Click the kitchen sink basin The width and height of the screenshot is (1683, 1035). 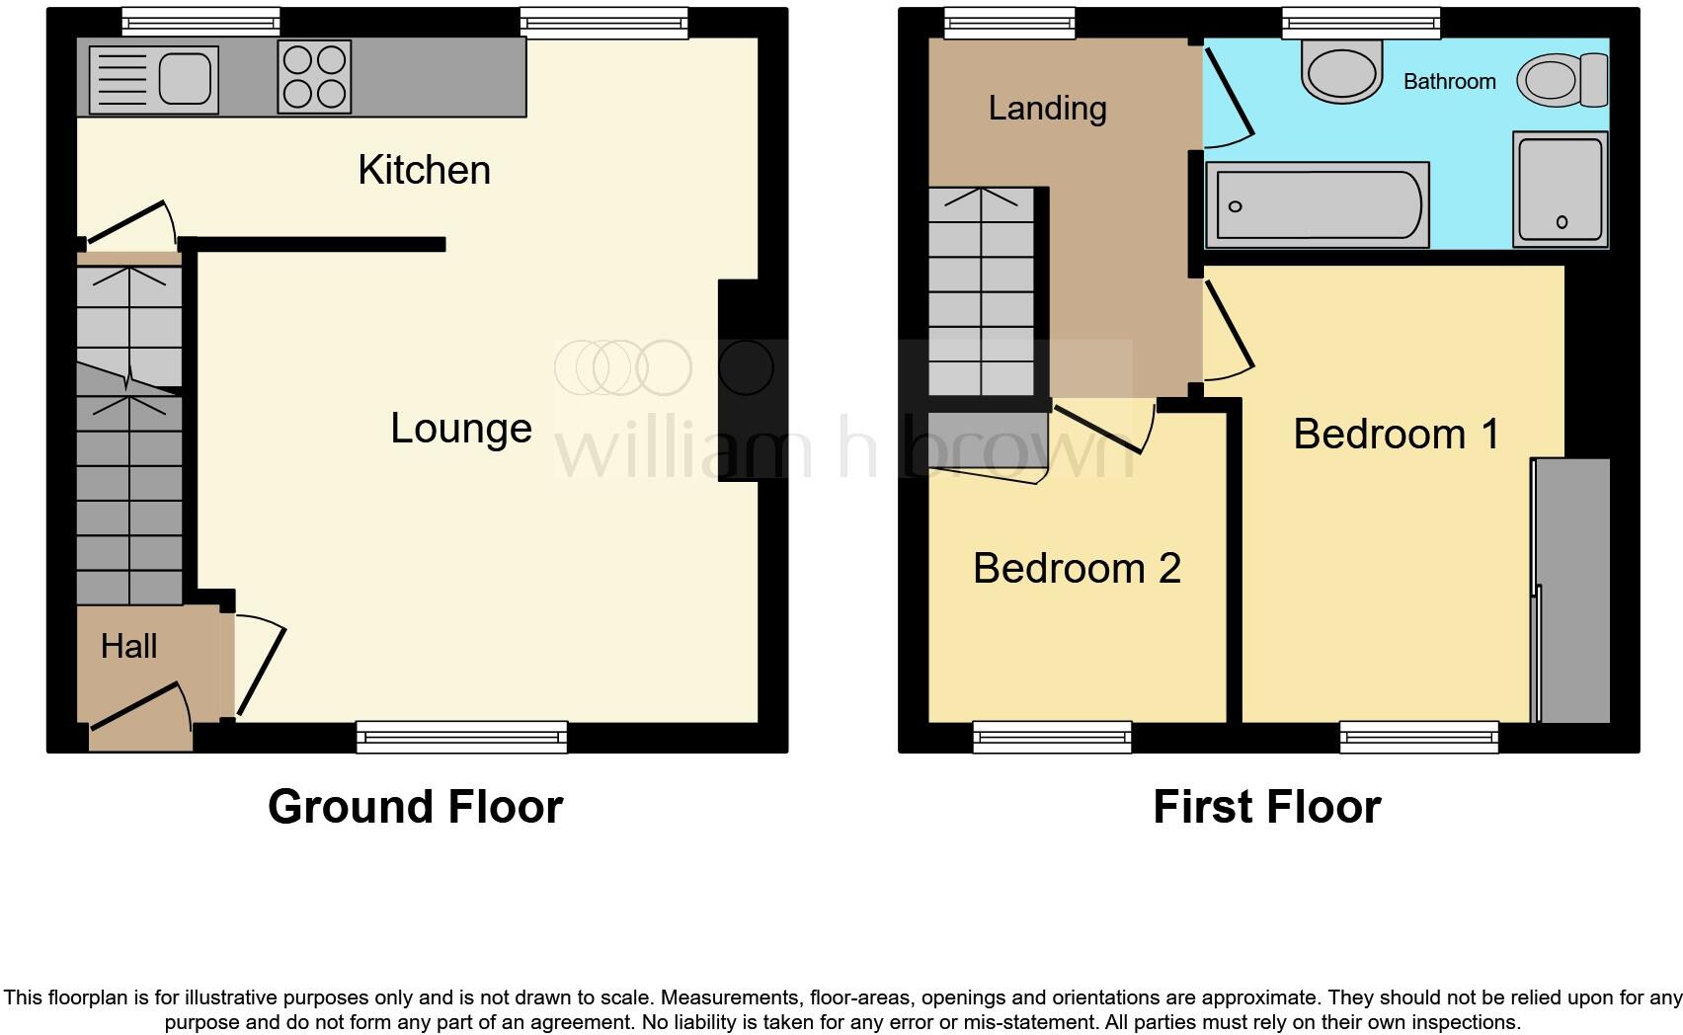click(x=186, y=78)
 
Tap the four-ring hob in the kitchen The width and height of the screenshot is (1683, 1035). click(x=315, y=76)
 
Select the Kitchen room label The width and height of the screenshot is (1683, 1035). click(x=424, y=170)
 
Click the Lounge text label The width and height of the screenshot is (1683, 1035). click(x=461, y=428)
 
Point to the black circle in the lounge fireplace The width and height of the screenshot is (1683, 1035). click(x=746, y=367)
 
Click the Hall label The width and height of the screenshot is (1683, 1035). click(x=128, y=647)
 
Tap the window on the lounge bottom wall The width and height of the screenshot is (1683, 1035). click(x=461, y=737)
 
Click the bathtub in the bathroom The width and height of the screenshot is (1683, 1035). click(x=1318, y=205)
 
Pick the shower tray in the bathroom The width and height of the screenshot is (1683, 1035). click(x=1560, y=189)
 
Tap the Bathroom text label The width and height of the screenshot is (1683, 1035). click(x=1449, y=81)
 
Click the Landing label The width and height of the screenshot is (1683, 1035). click(x=1047, y=108)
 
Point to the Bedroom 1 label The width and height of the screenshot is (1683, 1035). click(x=1396, y=435)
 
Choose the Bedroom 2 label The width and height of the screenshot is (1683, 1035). click(x=1077, y=568)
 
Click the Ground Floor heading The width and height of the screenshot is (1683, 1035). click(x=415, y=807)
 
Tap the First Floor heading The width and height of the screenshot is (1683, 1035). click(x=1266, y=807)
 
